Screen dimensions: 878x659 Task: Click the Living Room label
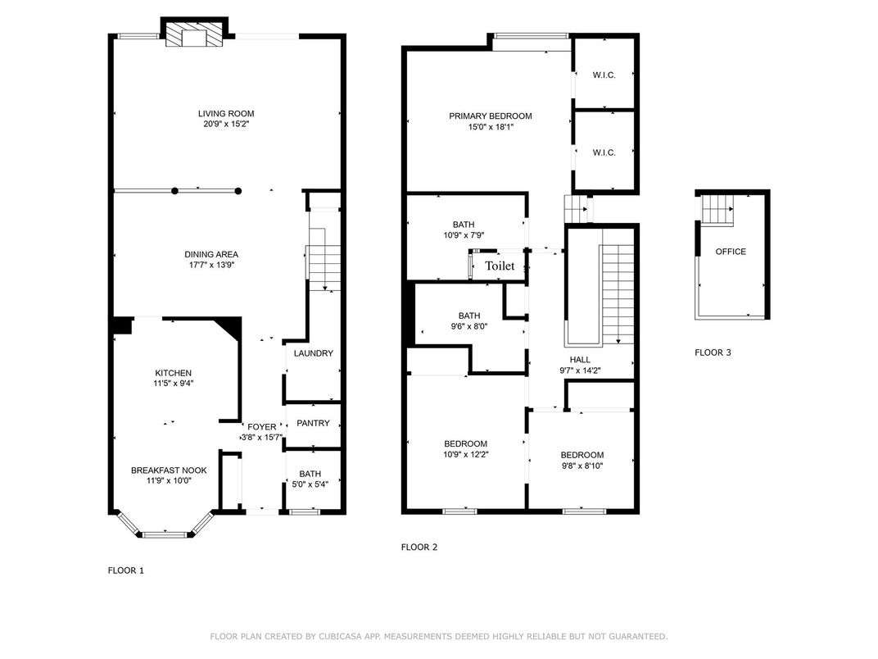point(226,114)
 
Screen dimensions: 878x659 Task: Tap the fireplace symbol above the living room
point(194,34)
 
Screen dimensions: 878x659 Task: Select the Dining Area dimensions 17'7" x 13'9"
point(211,265)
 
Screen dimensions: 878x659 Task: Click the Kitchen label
point(174,373)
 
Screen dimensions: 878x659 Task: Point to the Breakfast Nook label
point(169,470)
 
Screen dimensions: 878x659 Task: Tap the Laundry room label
point(314,353)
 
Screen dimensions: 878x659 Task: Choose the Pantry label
point(313,423)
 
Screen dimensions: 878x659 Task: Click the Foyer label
point(261,427)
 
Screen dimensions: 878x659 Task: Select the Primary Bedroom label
point(491,116)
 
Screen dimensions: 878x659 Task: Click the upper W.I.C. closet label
point(604,75)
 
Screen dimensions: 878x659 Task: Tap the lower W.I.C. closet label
point(604,152)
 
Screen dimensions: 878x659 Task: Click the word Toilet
point(500,266)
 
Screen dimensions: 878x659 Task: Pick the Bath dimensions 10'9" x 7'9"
point(464,236)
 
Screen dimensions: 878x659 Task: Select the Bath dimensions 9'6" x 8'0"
point(469,327)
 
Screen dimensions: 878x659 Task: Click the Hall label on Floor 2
point(580,360)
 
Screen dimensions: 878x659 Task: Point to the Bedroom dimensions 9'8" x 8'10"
point(582,466)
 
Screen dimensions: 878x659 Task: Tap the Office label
point(731,252)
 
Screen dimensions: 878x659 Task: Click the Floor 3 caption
point(713,352)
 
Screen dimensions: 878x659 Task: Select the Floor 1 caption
point(126,570)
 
